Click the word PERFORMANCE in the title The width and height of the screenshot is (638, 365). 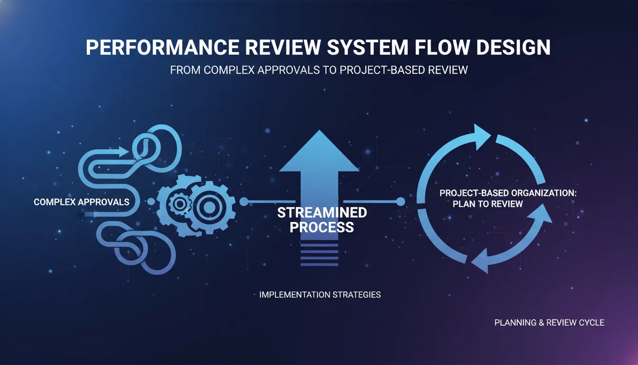pos(163,47)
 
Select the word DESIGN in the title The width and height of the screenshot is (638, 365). pos(513,47)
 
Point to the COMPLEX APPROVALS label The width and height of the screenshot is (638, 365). pos(82,202)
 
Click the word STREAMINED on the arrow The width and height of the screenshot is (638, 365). pos(322,212)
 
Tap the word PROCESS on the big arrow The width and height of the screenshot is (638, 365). pos(322,227)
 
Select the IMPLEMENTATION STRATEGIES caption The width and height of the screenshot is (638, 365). pos(320,295)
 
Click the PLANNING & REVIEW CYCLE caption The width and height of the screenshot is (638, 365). pos(549,323)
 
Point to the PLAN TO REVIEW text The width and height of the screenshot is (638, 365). pos(488,204)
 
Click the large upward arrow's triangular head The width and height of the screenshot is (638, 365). pos(319,151)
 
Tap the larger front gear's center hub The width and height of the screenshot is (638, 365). pos(209,207)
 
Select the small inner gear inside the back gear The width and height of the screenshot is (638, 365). pos(179,204)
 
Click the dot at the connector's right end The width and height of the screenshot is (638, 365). pos(401,202)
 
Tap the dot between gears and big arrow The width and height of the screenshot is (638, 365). pos(244,202)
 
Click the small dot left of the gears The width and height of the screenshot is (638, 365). pos(151,202)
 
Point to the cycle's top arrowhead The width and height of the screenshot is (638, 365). pos(481,137)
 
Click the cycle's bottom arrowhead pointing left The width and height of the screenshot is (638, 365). pos(481,261)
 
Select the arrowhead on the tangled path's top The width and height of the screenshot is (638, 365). pos(123,152)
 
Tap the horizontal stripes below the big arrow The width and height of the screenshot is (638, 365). pos(319,255)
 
